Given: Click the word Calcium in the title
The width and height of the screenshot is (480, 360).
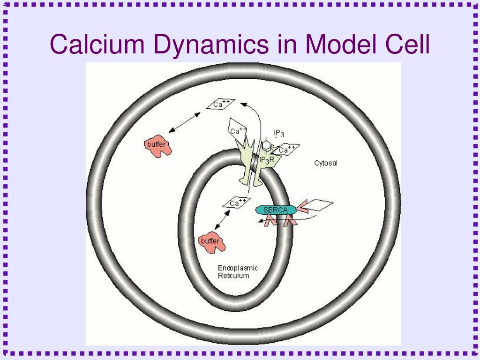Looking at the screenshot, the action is [x=97, y=44].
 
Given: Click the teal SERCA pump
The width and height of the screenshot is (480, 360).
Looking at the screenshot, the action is [x=276, y=210].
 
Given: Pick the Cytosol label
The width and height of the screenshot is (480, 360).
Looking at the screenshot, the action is [x=325, y=163].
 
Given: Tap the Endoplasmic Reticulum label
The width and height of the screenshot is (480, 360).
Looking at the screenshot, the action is [x=238, y=271].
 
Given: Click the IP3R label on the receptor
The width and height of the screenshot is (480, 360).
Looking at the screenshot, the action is [x=267, y=160].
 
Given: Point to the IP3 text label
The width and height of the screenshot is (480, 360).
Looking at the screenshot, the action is [x=279, y=133].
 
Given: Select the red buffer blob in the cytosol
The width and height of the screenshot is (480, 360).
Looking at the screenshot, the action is [x=157, y=146].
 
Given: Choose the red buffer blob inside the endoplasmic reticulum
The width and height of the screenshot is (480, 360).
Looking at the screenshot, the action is [x=211, y=243].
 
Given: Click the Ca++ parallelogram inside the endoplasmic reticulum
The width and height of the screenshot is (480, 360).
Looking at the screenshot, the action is [x=237, y=202].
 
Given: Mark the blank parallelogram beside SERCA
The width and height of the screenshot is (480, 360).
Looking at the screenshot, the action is [x=318, y=205].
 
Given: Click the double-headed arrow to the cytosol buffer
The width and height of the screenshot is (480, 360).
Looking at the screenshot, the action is [x=185, y=122].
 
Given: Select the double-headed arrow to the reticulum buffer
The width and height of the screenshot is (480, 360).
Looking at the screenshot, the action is [x=222, y=220].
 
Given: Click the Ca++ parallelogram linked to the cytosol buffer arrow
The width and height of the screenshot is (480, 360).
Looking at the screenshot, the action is [x=221, y=104].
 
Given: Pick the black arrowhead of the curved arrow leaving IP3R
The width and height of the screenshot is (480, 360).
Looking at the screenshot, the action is [x=244, y=105].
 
